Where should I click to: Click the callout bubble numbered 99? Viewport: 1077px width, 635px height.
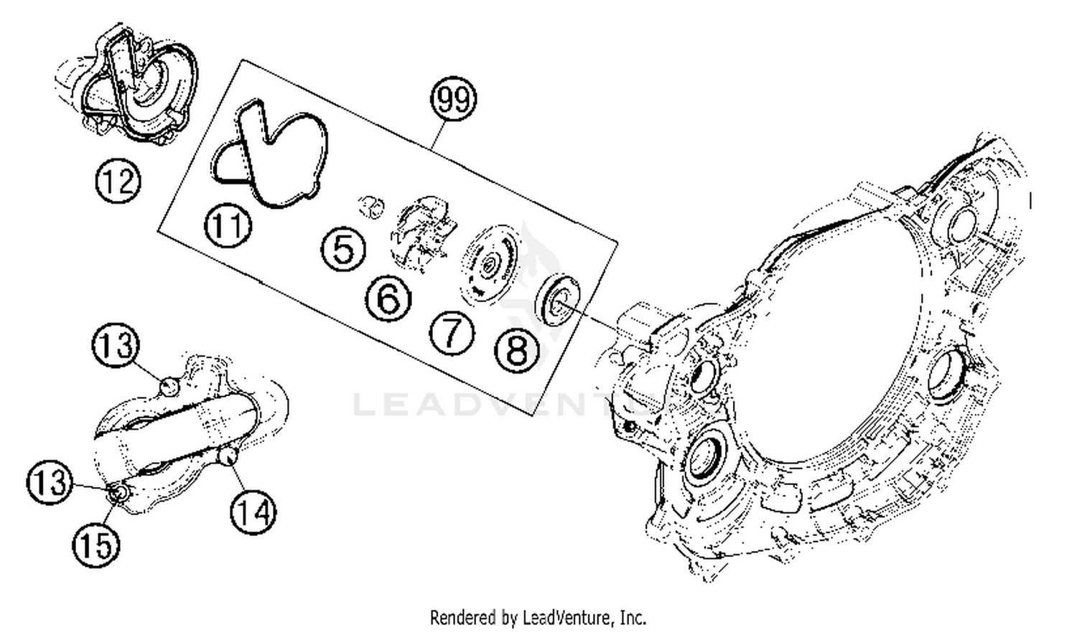(453, 99)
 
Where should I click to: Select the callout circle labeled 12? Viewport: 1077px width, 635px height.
(118, 181)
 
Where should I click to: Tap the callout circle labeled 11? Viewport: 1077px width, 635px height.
(228, 225)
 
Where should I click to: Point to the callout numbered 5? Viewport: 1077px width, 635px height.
(343, 249)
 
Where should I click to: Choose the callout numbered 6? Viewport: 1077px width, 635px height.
(388, 298)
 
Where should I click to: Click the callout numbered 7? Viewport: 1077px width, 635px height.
(452, 333)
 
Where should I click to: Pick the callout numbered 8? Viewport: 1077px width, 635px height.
(516, 350)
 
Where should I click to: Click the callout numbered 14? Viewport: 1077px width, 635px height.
(253, 512)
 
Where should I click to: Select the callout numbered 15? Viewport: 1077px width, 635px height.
(95, 545)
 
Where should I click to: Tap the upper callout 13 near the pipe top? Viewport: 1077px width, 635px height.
(116, 345)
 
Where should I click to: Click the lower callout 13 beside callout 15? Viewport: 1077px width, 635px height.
(50, 481)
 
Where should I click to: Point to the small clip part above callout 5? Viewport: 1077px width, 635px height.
(372, 206)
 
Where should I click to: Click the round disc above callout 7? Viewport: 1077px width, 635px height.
(489, 264)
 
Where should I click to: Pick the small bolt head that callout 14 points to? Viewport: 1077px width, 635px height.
(227, 455)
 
